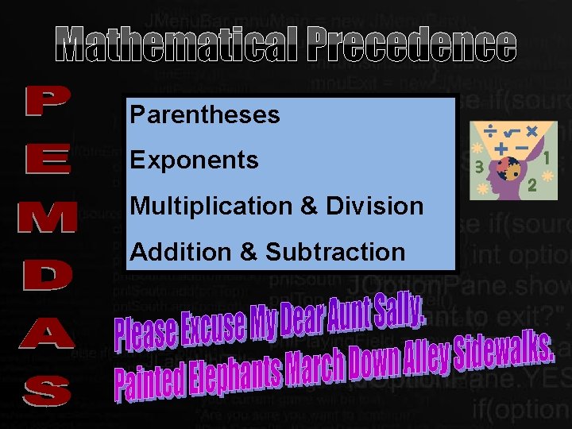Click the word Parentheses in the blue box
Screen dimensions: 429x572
[x=205, y=115]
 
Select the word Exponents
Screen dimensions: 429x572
[x=194, y=160]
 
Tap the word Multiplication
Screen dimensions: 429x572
[x=212, y=207]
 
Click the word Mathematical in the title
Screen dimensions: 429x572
[x=177, y=45]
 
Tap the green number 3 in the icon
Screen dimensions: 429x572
[x=478, y=167]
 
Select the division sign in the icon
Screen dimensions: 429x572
[x=493, y=129]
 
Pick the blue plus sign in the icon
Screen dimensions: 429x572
[x=500, y=148]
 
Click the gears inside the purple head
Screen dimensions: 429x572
[x=505, y=168]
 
